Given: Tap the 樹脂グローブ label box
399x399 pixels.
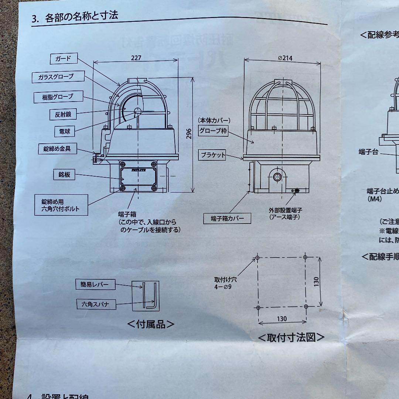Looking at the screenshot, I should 58,97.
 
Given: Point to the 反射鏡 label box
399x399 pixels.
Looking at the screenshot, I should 61,115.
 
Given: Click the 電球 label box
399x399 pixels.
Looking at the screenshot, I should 62,131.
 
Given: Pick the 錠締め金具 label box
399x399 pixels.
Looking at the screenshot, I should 58,149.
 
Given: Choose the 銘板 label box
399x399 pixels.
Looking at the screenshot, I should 62,175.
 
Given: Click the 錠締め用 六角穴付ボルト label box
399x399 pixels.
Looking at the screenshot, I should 62,205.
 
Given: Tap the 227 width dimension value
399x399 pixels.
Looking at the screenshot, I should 136,58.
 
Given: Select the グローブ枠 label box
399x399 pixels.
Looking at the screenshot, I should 213,131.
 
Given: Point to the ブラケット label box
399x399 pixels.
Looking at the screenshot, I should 213,155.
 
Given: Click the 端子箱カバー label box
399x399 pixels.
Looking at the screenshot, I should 227,218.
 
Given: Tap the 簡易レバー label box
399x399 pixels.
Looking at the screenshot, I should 95,284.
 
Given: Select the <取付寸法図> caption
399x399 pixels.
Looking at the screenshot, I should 291,337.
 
